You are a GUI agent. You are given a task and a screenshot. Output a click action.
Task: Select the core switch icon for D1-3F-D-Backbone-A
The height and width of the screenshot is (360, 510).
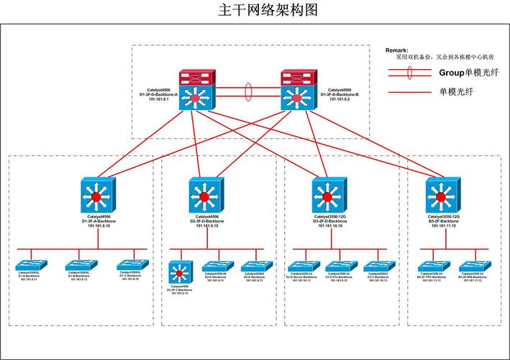click(x=193, y=96)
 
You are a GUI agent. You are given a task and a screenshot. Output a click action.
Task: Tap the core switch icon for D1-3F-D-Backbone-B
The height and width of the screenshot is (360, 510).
click(x=293, y=96)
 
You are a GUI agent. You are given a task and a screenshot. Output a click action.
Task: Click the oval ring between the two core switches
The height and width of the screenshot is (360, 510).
click(x=248, y=94)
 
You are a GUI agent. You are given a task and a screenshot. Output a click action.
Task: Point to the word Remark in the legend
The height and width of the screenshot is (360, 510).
click(x=397, y=50)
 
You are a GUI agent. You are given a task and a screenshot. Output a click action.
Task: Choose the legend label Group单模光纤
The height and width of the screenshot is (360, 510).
click(x=466, y=73)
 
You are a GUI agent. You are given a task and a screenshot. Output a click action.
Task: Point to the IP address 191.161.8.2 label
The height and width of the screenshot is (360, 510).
click(x=340, y=99)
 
